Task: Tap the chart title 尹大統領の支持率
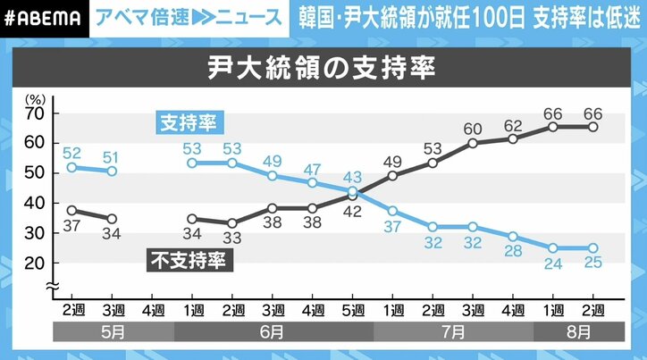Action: [323, 67]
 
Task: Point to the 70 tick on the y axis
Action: [36, 113]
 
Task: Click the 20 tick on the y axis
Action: [36, 264]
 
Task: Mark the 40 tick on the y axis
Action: [36, 203]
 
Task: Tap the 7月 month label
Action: [452, 331]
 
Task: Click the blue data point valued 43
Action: [352, 191]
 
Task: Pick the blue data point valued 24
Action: [553, 248]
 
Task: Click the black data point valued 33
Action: [231, 223]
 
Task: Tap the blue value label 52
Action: [71, 152]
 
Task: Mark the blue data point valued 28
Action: [513, 237]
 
